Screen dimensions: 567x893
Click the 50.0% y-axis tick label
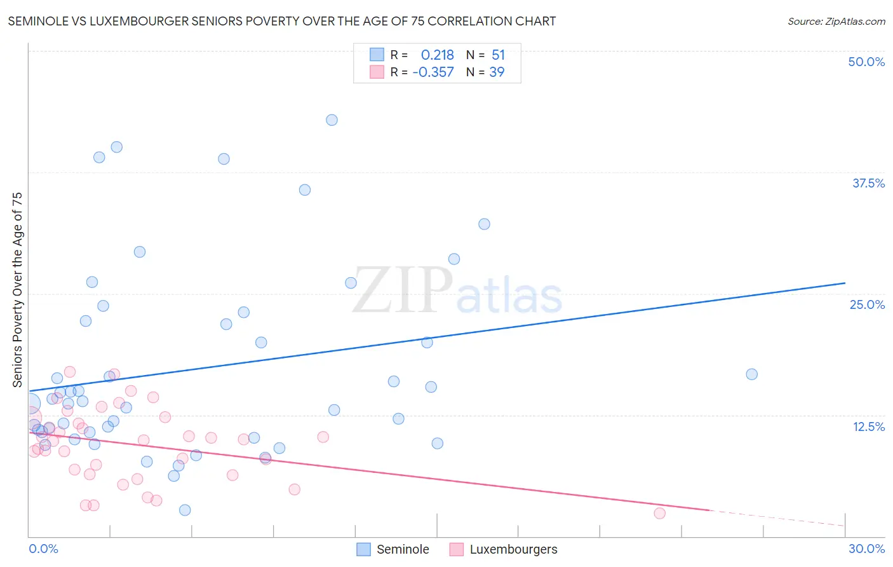pyautogui.click(x=866, y=62)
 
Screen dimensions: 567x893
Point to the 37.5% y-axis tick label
pyautogui.click(x=868, y=183)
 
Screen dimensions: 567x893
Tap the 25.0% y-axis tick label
pyautogui.click(x=866, y=304)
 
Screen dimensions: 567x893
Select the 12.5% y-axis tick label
pyautogui.click(x=868, y=427)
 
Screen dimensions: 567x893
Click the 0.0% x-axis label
pyautogui.click(x=43, y=549)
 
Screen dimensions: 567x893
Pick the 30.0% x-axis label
pyautogui.click(x=866, y=549)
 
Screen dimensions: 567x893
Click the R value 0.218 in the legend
pyautogui.click(x=437, y=55)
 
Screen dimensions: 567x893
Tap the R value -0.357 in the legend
pyautogui.click(x=433, y=72)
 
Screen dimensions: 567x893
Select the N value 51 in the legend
pyautogui.click(x=498, y=55)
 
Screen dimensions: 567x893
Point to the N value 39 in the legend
pyautogui.click(x=497, y=72)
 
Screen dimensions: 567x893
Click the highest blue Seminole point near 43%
pyautogui.click(x=332, y=120)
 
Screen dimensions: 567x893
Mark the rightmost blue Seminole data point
pyautogui.click(x=751, y=374)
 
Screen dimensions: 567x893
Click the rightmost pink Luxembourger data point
pyautogui.click(x=659, y=513)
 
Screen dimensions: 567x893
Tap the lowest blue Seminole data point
pyautogui.click(x=185, y=510)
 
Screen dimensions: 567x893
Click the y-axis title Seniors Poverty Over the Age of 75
pyautogui.click(x=17, y=290)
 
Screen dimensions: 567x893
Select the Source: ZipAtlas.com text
pyautogui.click(x=836, y=22)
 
